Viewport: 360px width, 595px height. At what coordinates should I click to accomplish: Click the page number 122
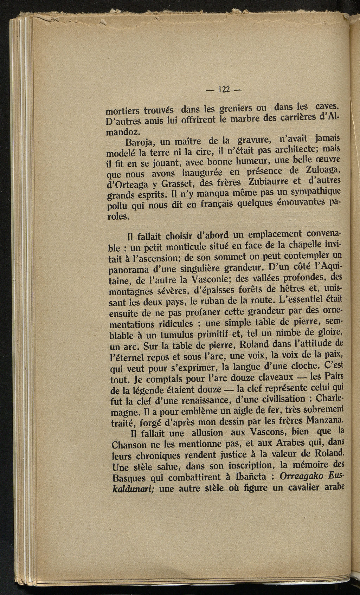coord(224,90)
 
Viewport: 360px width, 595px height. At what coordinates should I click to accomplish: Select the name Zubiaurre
coord(270,182)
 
